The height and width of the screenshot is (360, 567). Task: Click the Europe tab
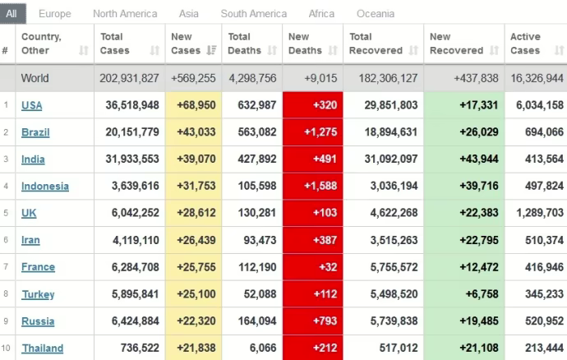click(54, 13)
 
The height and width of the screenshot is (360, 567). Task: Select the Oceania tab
click(376, 13)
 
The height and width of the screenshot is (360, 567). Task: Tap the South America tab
click(254, 13)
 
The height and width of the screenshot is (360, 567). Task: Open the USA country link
click(32, 105)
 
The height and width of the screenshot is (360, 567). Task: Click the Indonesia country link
click(45, 187)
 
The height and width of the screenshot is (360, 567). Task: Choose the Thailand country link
click(42, 348)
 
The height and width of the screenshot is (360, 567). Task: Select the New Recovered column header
click(457, 44)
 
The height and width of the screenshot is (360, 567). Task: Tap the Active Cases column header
click(525, 44)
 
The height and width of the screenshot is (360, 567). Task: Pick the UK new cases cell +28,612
click(194, 214)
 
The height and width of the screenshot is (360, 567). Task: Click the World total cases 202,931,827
click(127, 79)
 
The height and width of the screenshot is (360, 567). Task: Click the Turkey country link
click(38, 294)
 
